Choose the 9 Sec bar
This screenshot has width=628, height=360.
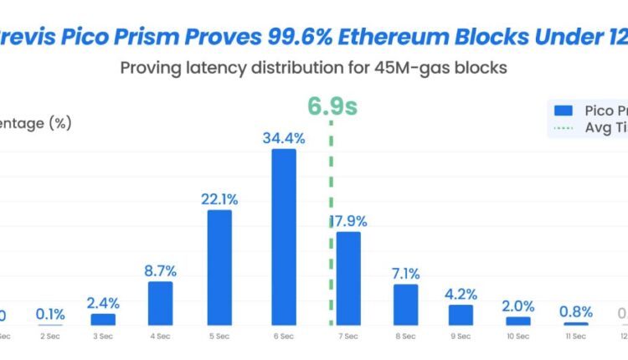[461, 315]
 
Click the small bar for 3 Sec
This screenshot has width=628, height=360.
[103, 319]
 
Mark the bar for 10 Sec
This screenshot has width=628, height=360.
[518, 321]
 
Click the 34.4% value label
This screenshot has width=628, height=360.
[283, 139]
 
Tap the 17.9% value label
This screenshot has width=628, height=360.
[348, 222]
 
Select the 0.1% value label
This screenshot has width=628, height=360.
[50, 315]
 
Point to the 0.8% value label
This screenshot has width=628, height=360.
[575, 311]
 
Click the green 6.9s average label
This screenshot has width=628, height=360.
[332, 106]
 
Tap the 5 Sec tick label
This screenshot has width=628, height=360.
[219, 336]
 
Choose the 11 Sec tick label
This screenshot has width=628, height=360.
[575, 336]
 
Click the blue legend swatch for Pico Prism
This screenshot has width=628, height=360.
[564, 110]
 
